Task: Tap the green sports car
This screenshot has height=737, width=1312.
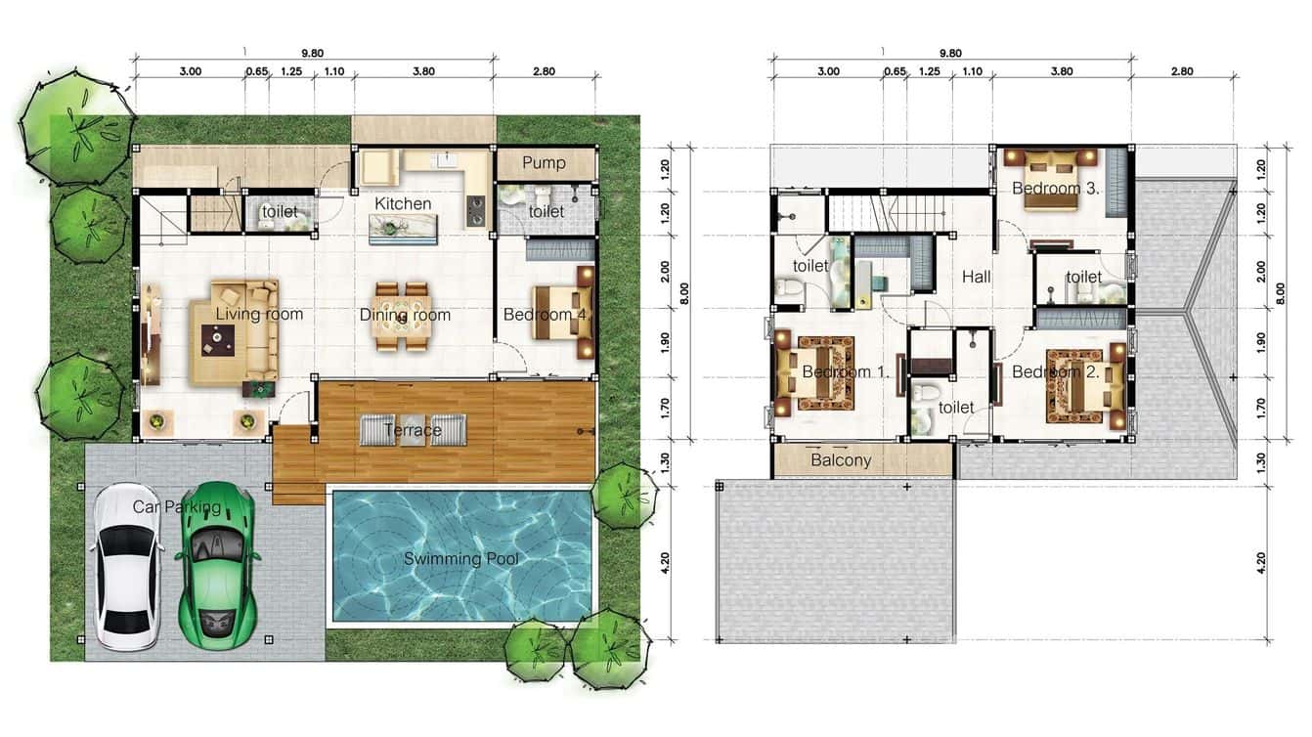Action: pyautogui.click(x=217, y=561)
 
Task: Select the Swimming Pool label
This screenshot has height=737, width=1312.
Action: pyautogui.click(x=460, y=559)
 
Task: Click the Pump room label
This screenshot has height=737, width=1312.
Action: pyautogui.click(x=545, y=162)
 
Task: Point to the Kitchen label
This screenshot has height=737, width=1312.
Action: pyautogui.click(x=403, y=203)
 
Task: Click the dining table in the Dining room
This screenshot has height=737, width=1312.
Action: pyautogui.click(x=402, y=317)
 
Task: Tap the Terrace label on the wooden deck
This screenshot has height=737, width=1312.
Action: pyautogui.click(x=412, y=430)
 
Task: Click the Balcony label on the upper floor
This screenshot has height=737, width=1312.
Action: pyautogui.click(x=841, y=460)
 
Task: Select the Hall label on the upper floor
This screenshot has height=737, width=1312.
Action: pyautogui.click(x=976, y=277)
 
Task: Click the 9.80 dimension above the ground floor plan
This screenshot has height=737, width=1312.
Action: pyautogui.click(x=313, y=54)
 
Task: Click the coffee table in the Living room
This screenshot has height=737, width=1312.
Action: pyautogui.click(x=216, y=339)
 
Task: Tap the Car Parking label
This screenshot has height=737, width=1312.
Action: pyautogui.click(x=176, y=506)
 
